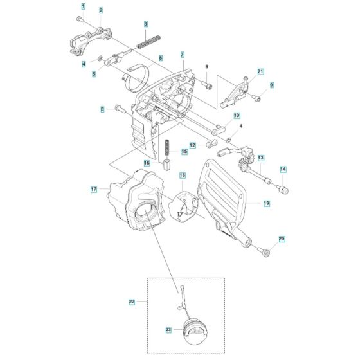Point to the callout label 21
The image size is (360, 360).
point(261,71)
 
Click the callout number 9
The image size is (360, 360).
point(271,85)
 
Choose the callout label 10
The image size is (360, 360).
point(237,116)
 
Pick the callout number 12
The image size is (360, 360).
point(193,145)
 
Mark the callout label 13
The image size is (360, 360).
point(279,157)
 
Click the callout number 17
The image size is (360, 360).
point(94,189)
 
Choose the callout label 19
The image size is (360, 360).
point(266,203)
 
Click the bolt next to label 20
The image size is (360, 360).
point(264,251)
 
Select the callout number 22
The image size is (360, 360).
point(132,301)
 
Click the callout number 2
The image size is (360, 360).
point(101,11)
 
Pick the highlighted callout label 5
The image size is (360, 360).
point(94,74)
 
